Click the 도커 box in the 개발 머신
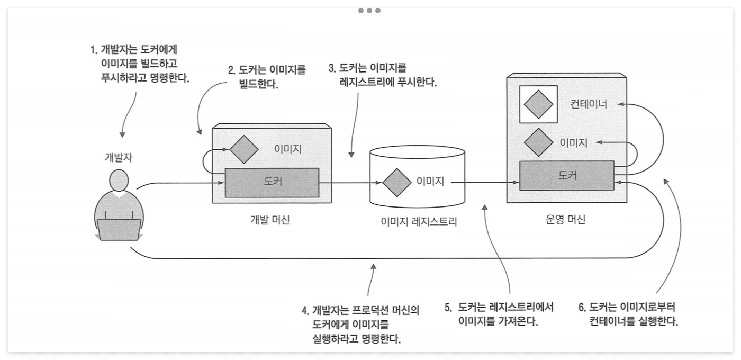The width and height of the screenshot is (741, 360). (272, 182)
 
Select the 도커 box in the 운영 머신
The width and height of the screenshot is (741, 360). (566, 176)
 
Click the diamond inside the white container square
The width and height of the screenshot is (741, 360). (539, 104)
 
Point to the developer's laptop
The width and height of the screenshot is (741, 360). (119, 230)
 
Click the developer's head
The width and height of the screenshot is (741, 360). (119, 181)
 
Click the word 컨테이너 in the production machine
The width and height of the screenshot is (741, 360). (589, 104)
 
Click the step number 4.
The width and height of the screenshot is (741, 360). (305, 310)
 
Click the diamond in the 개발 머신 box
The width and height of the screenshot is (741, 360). (243, 149)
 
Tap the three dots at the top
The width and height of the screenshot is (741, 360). (369, 11)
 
